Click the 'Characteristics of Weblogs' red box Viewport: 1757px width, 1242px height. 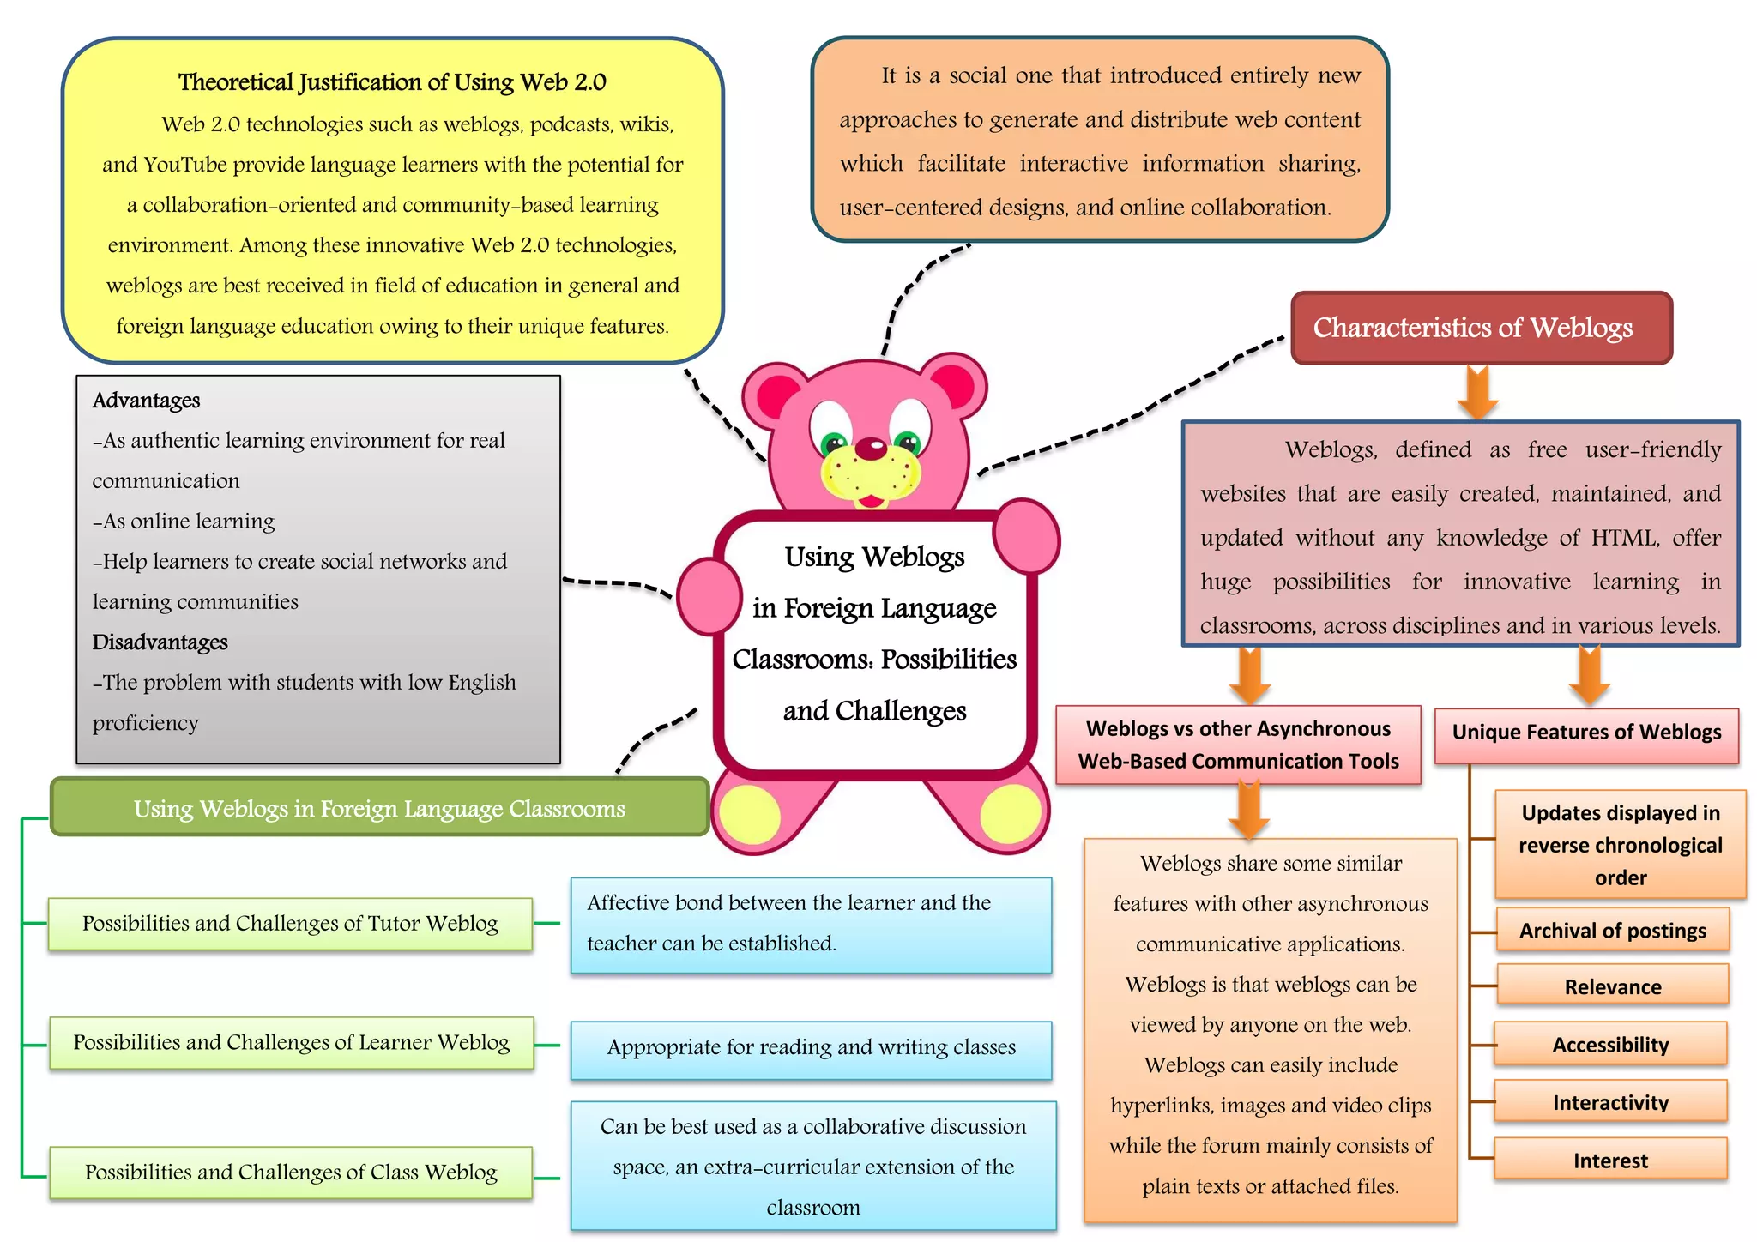1481,328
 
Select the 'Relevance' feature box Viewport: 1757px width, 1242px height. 1612,986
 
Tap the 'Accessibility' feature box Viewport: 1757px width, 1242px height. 1610,1044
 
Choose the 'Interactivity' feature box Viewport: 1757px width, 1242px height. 1610,1102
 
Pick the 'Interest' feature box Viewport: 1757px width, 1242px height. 1610,1160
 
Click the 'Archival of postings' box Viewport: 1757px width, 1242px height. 1612,930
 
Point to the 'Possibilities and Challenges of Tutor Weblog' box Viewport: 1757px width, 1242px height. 290,924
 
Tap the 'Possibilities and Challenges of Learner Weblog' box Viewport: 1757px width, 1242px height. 291,1042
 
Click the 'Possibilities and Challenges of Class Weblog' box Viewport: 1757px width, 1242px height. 291,1173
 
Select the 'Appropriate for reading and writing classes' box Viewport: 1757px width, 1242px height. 811,1048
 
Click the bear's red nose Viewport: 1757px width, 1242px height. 871,447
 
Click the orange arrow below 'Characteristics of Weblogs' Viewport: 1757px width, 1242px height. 1477,392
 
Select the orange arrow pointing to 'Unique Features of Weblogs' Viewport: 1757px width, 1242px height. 1589,676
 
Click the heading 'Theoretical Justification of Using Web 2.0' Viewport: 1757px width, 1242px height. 392,82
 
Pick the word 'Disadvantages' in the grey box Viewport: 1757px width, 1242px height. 160,642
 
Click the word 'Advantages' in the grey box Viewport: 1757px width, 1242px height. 146,401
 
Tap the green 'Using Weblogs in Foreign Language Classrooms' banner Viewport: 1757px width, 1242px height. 379,808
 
